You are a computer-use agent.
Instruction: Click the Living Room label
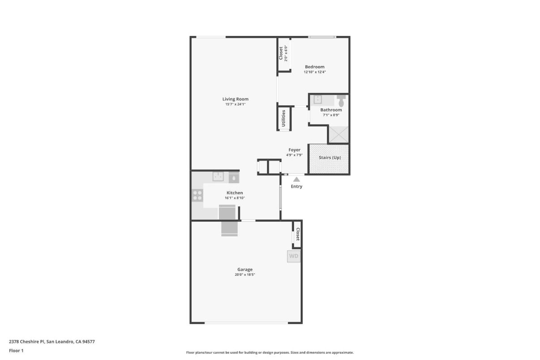pos(235,99)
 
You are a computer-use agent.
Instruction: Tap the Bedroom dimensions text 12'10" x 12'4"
pos(314,72)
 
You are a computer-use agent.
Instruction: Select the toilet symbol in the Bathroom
pos(341,99)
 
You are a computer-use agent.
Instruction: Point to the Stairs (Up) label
pos(330,158)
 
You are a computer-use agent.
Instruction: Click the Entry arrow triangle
pos(296,179)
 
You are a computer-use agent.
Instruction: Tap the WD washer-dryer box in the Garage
pos(293,256)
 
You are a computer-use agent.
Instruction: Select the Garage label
pos(244,270)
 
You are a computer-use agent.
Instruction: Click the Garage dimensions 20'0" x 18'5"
pos(244,274)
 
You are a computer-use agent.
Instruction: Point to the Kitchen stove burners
pos(197,195)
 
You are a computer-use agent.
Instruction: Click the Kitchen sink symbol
pos(218,176)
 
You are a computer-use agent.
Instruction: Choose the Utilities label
pos(283,118)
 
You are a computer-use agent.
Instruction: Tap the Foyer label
pos(294,150)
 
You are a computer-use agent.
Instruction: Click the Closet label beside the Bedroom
pos(281,53)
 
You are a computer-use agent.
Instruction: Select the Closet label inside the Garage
pos(297,234)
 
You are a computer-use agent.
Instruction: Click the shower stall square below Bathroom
pos(339,134)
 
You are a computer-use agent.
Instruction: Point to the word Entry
pos(296,187)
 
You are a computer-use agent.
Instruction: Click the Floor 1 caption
pos(16,351)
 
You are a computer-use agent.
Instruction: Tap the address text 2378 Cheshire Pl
pos(27,342)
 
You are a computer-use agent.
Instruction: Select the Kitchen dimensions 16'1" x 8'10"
pos(235,198)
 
